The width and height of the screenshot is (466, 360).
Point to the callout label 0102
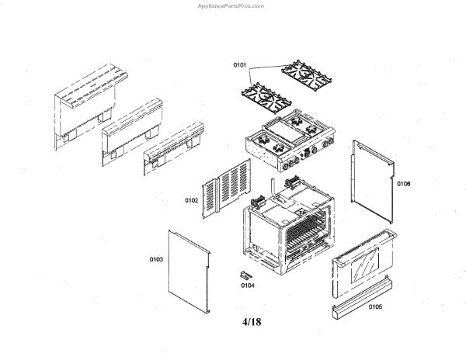191,201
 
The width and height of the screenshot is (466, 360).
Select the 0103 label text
155,259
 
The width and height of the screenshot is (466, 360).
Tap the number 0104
247,286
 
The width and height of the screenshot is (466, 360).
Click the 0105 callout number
375,306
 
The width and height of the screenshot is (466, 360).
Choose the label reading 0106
403,185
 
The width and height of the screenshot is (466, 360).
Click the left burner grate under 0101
266,99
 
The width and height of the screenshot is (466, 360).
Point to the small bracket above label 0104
247,273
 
